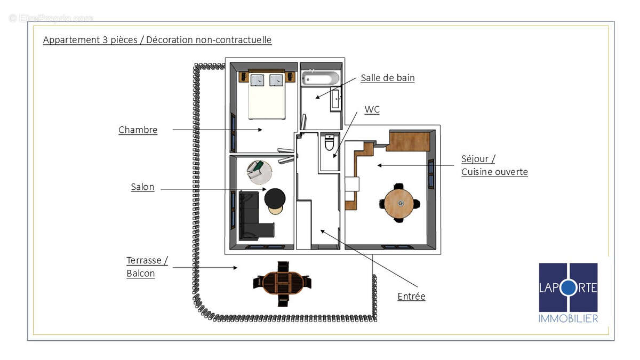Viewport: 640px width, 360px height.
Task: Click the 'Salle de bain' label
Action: (x=387, y=78)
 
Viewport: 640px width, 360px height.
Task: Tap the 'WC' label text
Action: (x=372, y=109)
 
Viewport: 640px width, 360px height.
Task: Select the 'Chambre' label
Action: (x=138, y=130)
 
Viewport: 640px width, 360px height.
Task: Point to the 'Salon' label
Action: (x=142, y=187)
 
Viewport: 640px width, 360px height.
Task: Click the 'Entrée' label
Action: (x=411, y=297)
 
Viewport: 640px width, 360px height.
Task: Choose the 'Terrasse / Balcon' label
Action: (x=147, y=267)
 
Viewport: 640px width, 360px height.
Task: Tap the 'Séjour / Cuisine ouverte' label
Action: (x=494, y=165)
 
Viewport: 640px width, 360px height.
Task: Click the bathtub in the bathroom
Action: (x=321, y=78)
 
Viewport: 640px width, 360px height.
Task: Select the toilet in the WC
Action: (x=329, y=143)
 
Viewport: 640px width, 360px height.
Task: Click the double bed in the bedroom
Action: (x=267, y=96)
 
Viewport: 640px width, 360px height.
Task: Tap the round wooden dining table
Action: (x=398, y=203)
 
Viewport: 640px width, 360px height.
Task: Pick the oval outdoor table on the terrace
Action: (x=282, y=282)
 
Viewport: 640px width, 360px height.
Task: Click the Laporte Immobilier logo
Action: (x=568, y=292)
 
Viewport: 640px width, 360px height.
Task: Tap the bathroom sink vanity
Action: (x=335, y=99)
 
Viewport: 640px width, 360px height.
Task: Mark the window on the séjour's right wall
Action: (x=431, y=174)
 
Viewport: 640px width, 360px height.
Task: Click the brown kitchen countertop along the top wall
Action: (x=409, y=141)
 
